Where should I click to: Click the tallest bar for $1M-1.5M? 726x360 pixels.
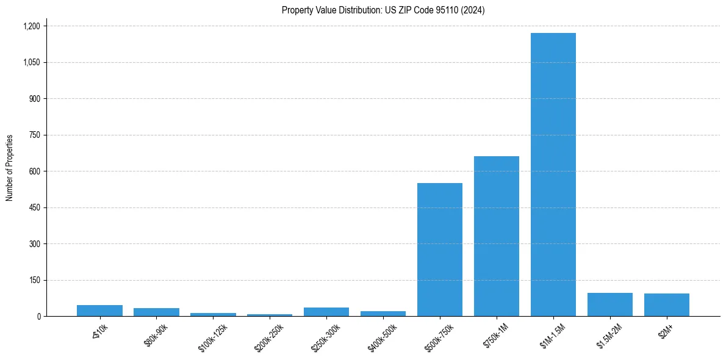553,175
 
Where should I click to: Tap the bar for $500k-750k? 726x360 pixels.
439,250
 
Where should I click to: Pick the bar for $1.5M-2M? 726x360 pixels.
609,304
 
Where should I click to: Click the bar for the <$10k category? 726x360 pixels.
99,311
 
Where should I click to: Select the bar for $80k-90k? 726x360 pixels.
156,312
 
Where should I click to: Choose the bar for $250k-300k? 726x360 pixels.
326,312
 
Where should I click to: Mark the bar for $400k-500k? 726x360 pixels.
383,314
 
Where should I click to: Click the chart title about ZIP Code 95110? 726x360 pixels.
383,10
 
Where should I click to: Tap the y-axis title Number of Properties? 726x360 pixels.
10,168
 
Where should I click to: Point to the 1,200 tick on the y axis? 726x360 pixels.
31,26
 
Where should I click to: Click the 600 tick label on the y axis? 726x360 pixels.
34,171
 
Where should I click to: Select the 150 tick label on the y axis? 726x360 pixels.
34,280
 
